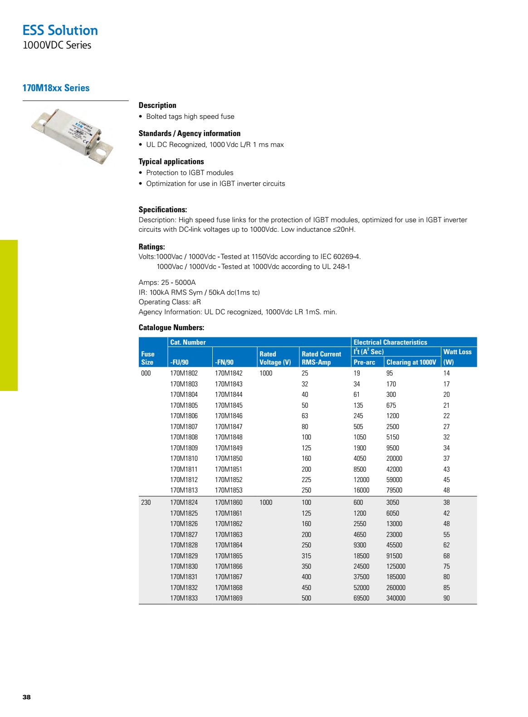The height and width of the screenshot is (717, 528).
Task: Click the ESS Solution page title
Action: tap(60, 30)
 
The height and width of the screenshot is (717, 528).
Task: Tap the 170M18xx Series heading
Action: tap(56, 88)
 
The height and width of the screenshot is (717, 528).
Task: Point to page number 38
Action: tap(27, 697)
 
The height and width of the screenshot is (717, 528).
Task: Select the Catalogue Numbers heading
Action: tap(171, 327)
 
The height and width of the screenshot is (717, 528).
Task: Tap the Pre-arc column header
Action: tap(364, 362)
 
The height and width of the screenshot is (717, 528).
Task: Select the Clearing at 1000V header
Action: tap(411, 362)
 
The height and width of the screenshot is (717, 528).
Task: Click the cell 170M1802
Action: tap(184, 373)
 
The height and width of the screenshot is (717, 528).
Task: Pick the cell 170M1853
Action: tap(229, 490)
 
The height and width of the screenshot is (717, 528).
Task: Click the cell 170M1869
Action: tap(229, 598)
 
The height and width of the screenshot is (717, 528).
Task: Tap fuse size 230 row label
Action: tap(146, 502)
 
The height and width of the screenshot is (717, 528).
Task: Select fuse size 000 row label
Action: tap(146, 373)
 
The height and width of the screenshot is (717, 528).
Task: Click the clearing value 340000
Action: tap(396, 598)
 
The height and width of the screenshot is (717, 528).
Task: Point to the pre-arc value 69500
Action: tap(361, 598)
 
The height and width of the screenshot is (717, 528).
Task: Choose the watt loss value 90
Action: tap(446, 598)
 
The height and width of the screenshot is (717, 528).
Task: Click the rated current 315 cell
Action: tap(306, 556)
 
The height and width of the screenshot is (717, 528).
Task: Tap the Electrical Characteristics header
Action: tap(390, 342)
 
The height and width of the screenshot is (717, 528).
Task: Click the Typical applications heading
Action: tap(171, 161)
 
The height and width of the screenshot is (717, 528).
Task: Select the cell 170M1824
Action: tap(184, 502)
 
